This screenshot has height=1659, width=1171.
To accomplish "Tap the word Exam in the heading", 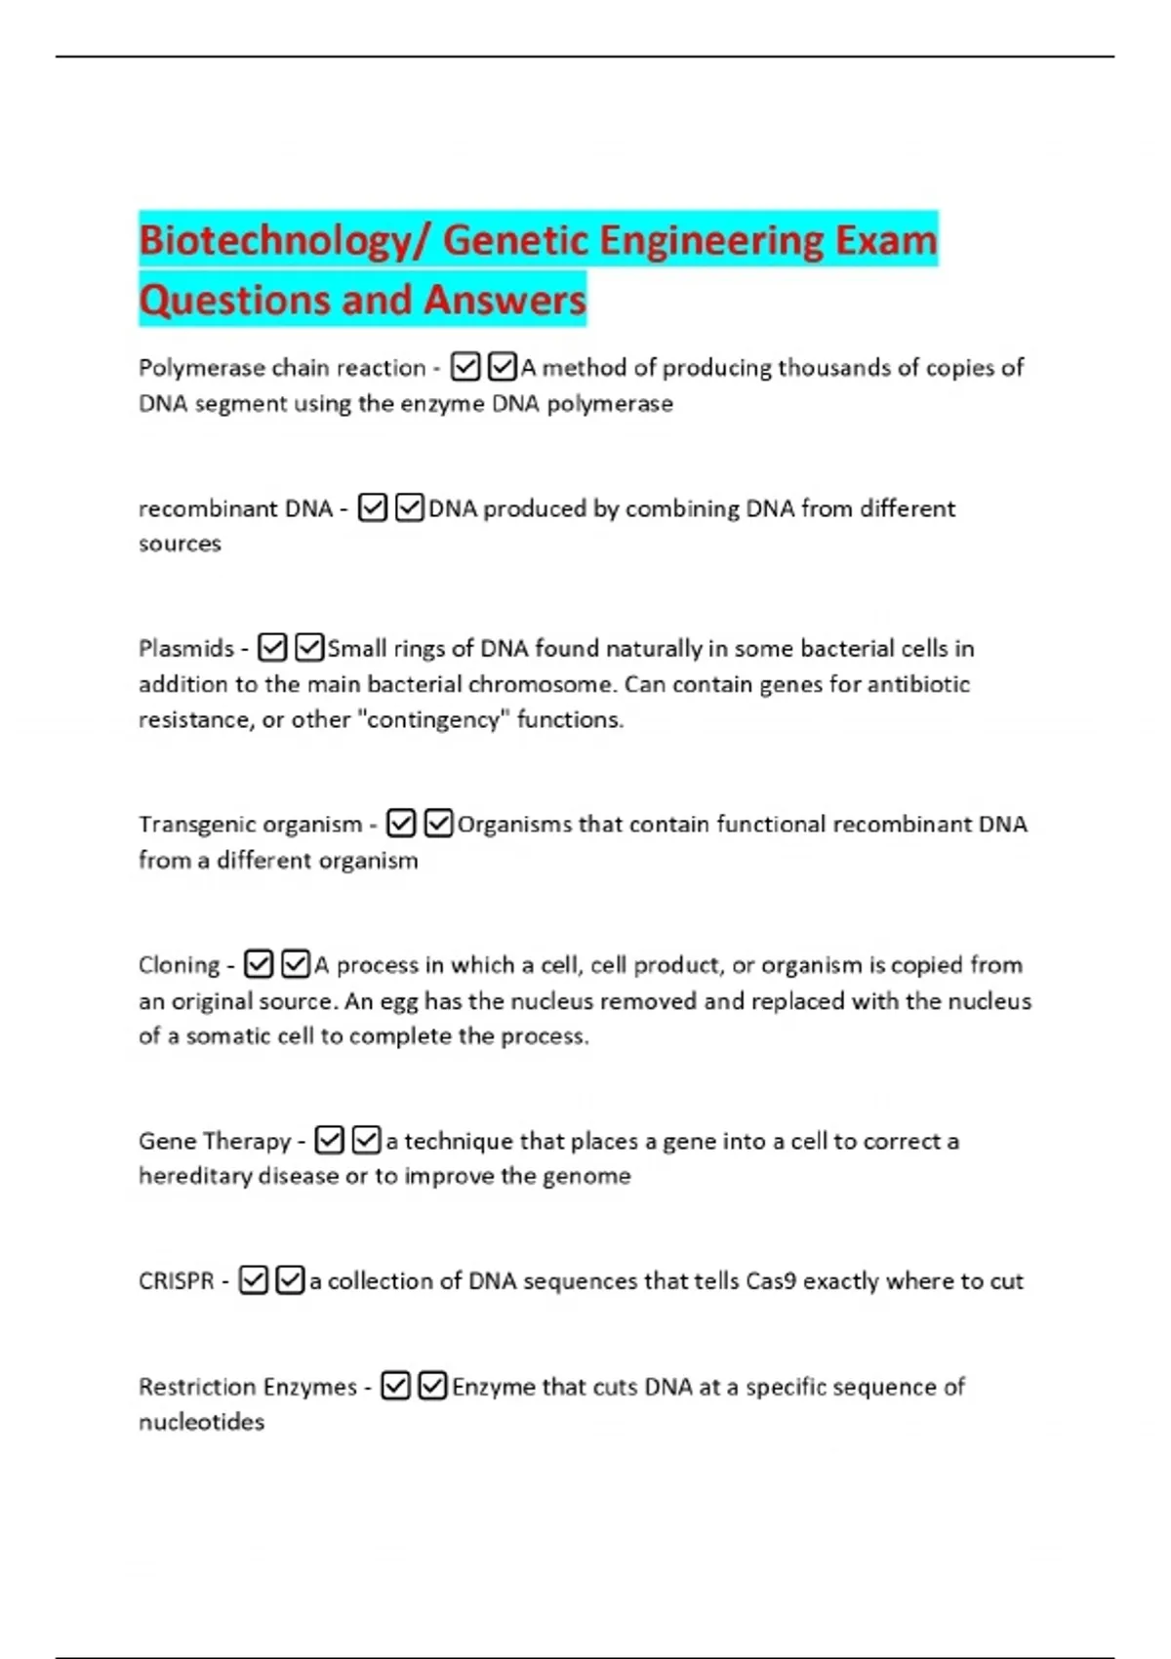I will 886,240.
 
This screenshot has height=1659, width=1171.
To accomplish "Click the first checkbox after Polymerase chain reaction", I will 465,367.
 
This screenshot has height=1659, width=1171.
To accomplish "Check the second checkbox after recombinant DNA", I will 410,508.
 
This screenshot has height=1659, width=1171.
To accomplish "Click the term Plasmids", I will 186,649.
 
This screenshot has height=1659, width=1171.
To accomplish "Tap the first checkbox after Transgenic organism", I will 401,824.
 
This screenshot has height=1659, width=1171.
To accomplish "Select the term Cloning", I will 180,965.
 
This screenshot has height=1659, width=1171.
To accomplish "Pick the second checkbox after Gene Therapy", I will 367,1140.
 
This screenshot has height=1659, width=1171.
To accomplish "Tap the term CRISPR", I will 176,1280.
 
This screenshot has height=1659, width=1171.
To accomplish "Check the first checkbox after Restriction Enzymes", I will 395,1386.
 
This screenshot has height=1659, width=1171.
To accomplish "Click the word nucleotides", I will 201,1422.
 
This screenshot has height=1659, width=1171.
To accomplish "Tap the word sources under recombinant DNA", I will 180,544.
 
